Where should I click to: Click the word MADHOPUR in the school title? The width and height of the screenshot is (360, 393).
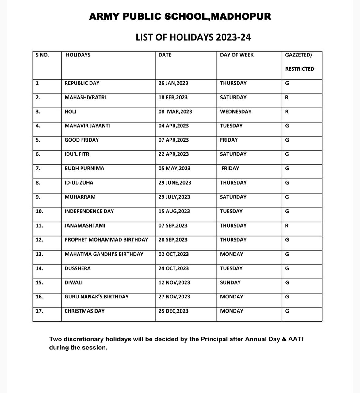[x=241, y=16]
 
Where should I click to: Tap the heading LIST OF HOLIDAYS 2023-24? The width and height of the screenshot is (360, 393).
[x=193, y=37]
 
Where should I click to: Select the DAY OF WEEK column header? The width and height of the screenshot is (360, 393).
[x=237, y=55]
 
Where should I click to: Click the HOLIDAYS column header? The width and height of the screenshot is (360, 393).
[x=78, y=55]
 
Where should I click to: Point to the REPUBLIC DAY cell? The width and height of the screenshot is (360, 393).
[x=82, y=83]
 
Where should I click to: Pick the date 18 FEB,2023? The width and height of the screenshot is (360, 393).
[x=173, y=97]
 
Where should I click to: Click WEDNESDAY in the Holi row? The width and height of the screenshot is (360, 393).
[x=236, y=111]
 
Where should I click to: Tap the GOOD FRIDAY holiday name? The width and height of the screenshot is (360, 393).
[x=82, y=140]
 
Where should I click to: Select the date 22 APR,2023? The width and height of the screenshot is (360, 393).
[x=174, y=154]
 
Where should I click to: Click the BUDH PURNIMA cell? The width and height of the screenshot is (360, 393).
[x=84, y=168]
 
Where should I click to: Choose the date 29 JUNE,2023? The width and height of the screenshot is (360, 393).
[x=175, y=183]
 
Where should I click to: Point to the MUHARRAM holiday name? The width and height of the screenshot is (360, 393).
[x=80, y=197]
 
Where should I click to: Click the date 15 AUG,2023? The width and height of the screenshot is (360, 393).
[x=174, y=211]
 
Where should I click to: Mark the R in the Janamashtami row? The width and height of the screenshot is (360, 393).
[x=287, y=225]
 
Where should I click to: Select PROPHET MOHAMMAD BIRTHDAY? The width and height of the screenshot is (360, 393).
[x=106, y=239]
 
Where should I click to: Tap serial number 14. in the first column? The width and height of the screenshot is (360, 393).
[x=39, y=268]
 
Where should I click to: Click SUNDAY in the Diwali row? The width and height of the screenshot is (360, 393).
[x=230, y=282]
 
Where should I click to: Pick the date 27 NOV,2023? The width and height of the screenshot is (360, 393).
[x=174, y=297]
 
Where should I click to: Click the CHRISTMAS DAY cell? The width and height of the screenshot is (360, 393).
[x=84, y=311]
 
